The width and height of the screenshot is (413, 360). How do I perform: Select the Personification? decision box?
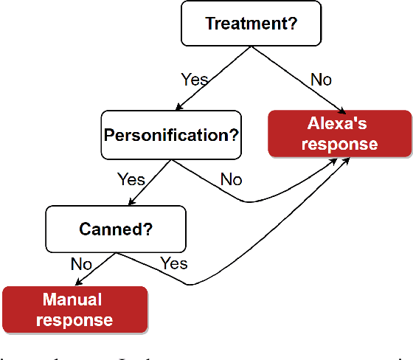173,135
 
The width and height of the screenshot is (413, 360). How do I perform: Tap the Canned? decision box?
116,228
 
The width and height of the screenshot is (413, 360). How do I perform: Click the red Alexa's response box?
339,134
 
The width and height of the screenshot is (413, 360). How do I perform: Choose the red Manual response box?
76,309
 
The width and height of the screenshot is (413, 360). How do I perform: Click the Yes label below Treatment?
194,79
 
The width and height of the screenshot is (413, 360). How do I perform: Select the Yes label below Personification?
131,179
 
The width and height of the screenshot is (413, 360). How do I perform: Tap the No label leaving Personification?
230,179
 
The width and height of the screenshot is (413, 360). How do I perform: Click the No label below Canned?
82,263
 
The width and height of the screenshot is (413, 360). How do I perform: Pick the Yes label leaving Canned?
174,263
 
